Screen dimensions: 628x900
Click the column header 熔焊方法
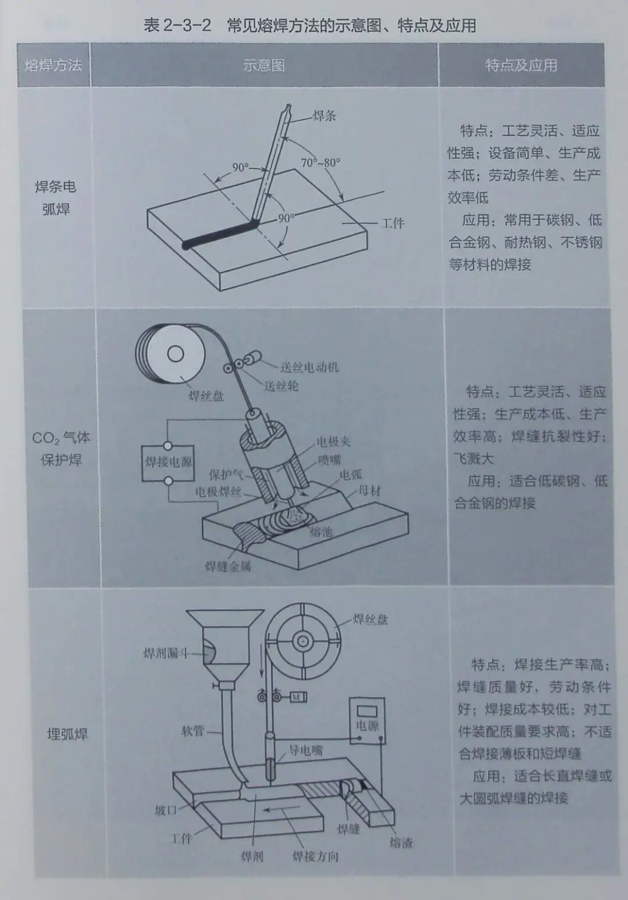click(53, 65)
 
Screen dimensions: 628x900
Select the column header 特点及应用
click(521, 65)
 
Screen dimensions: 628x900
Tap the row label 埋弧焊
click(67, 734)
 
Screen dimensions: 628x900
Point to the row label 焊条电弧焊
click(56, 198)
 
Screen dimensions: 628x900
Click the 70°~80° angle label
click(320, 163)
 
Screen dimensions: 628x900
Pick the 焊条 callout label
click(324, 116)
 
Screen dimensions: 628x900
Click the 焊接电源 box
click(168, 463)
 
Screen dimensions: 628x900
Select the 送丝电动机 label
click(309, 367)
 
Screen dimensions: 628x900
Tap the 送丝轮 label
click(281, 386)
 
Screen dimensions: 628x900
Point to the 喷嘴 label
click(329, 460)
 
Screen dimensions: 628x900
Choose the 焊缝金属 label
click(228, 567)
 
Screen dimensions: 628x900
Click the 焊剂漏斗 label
click(166, 653)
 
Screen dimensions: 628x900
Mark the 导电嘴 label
click(305, 750)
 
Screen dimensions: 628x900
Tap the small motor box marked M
click(298, 697)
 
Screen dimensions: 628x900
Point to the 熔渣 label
click(401, 842)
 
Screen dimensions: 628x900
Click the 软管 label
click(192, 731)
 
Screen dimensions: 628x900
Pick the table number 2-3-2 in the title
click(187, 26)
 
